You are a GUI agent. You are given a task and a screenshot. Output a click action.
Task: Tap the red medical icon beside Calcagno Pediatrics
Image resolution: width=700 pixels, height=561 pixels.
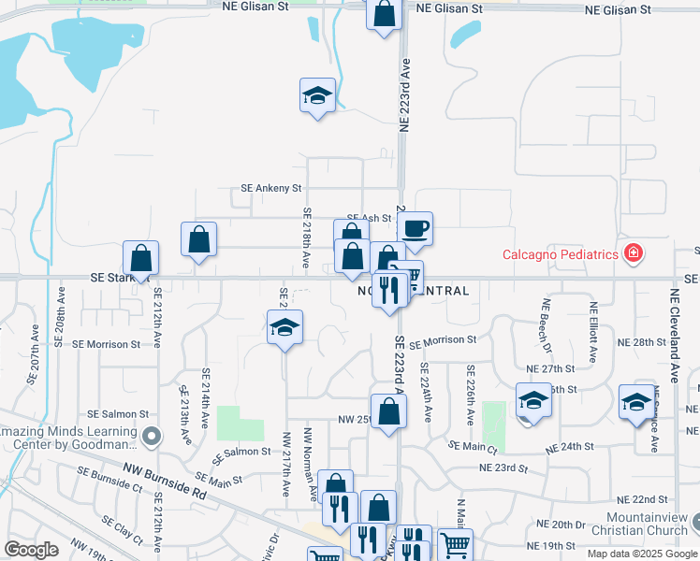pos(634,253)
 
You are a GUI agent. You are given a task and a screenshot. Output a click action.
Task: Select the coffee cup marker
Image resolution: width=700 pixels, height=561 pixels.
pos(415,228)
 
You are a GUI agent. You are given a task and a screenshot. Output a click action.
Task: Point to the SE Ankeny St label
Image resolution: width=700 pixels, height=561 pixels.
pos(271,188)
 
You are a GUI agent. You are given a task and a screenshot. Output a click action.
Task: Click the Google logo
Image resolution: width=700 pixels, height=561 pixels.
pos(32,550)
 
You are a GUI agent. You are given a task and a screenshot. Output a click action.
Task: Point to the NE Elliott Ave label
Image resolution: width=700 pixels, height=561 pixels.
pos(593,333)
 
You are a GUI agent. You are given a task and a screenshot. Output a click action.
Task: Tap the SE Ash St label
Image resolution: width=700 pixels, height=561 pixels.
pos(367,218)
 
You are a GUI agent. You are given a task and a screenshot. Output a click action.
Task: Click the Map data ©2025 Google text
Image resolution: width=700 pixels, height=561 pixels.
pos(642,554)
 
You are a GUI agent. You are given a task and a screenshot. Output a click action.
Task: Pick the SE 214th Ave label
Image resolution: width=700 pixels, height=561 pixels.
pos(206,397)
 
